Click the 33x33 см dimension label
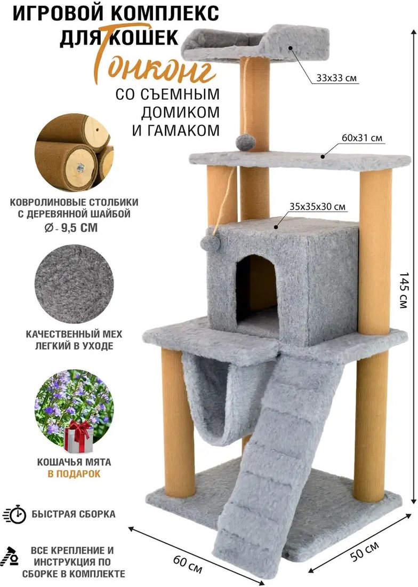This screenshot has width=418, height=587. coord(336,78)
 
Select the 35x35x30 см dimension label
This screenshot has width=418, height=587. coord(317,207)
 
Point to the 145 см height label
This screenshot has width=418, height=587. coord(404,290)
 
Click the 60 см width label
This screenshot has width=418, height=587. coord(188,564)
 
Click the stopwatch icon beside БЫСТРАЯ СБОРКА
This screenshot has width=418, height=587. coord(15,514)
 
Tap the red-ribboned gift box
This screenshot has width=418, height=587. coord(78,435)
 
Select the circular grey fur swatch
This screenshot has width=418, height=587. coord(74,284)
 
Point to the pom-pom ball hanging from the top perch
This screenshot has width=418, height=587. coord(246,142)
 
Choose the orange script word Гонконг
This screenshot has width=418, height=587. coord(156,67)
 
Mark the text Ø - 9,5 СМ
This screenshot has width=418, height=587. coord(71,227)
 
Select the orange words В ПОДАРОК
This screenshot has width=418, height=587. coord(74,473)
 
